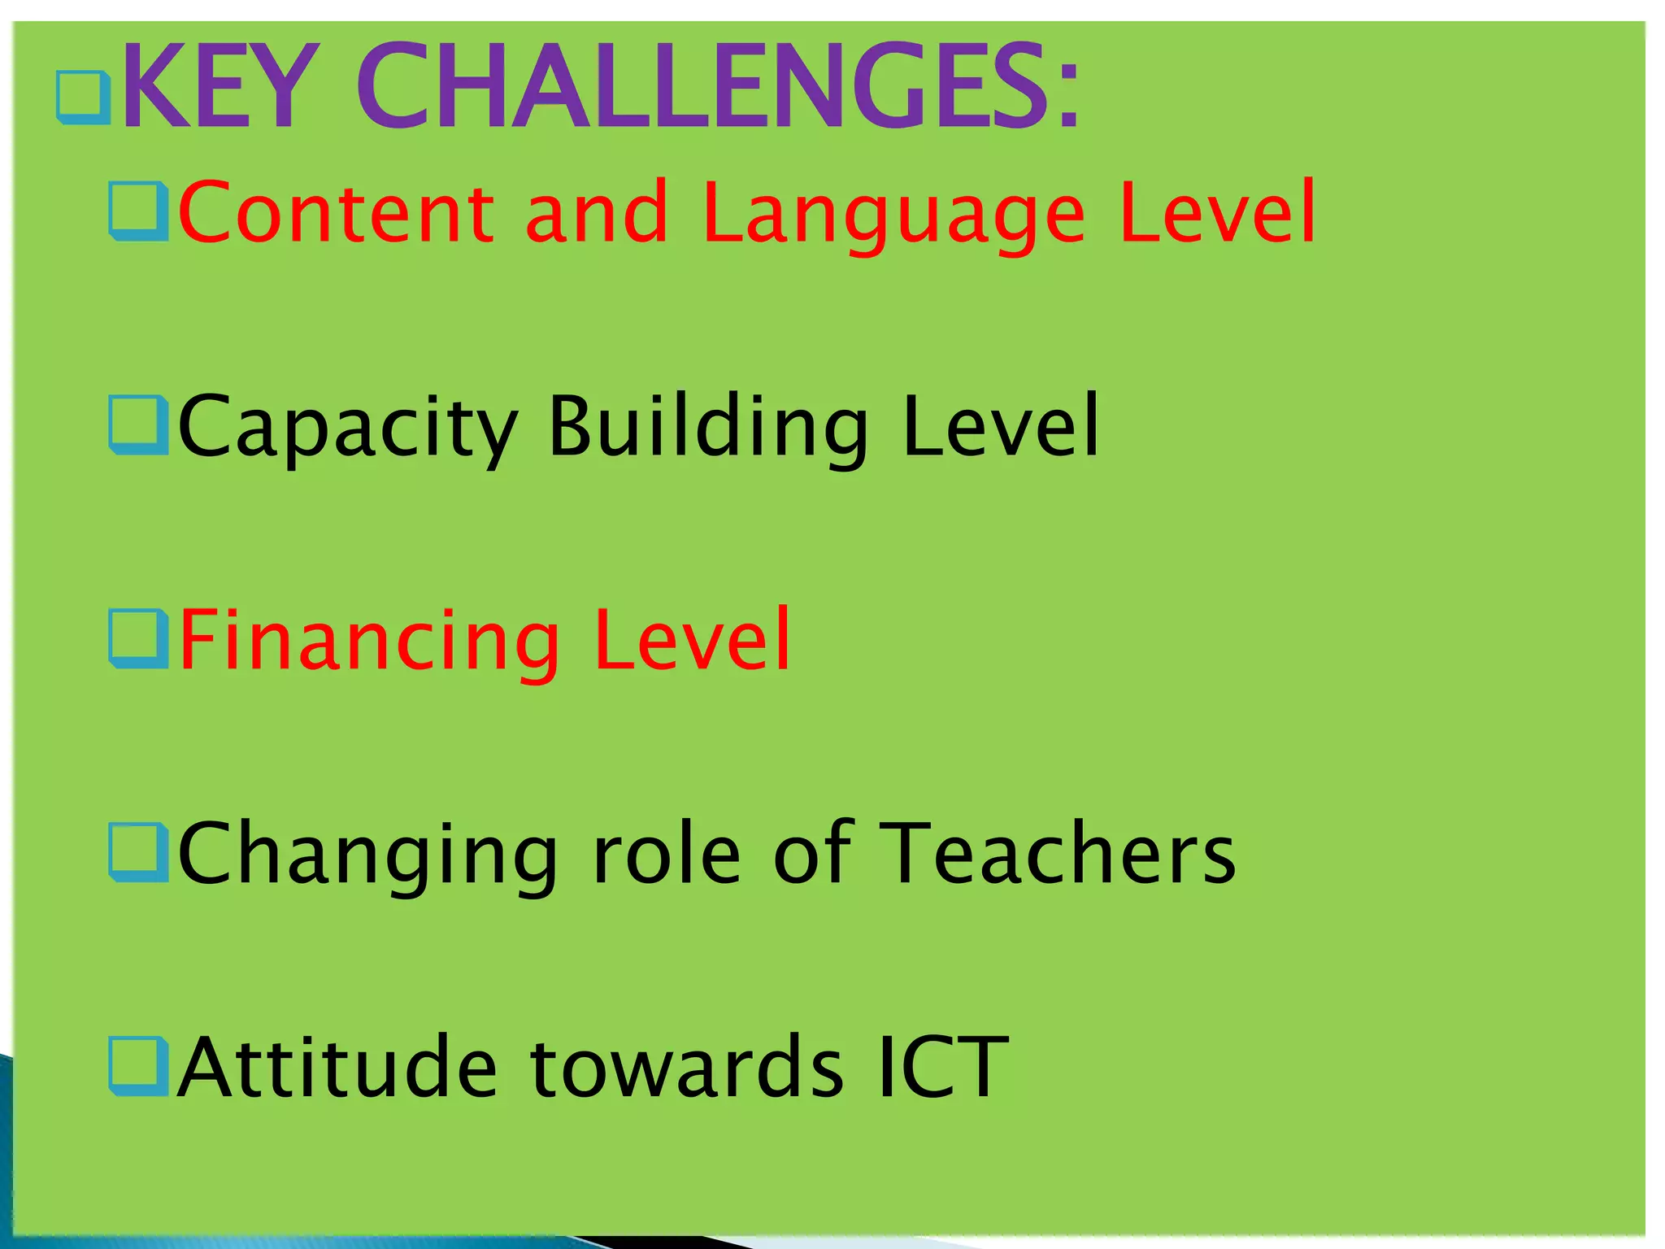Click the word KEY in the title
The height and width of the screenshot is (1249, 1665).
(217, 87)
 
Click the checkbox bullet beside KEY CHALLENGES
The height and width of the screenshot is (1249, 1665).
(83, 98)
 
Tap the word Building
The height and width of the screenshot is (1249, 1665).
(708, 428)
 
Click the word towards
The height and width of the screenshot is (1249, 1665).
(687, 1068)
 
